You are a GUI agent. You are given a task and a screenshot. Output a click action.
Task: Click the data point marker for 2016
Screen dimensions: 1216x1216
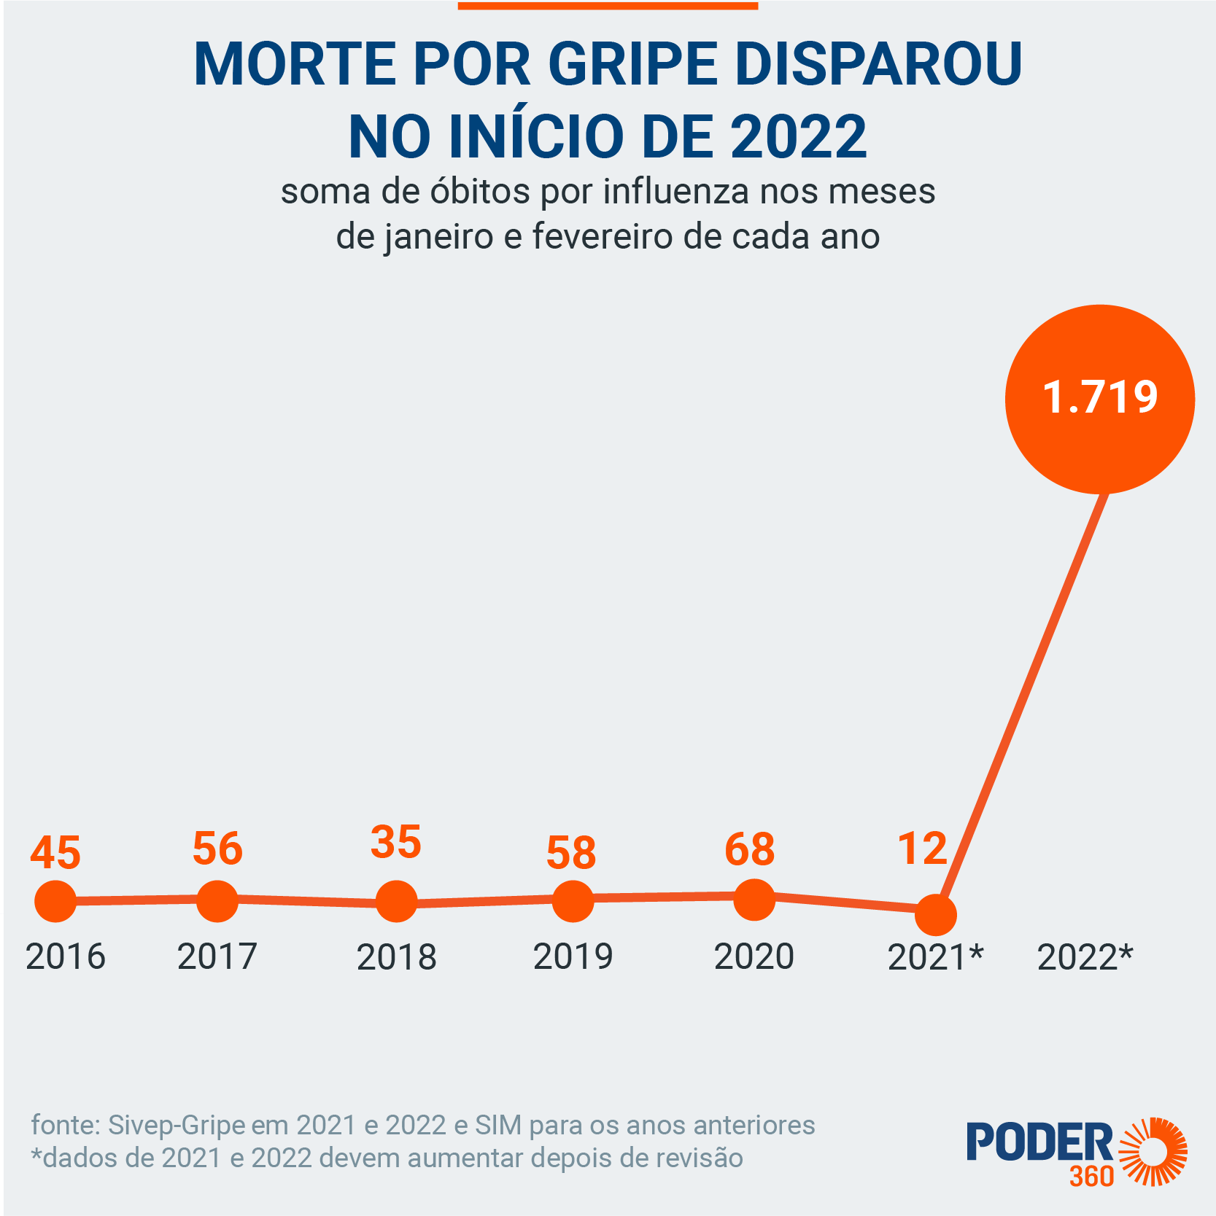55,901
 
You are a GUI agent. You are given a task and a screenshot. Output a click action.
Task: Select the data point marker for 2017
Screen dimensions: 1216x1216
217,900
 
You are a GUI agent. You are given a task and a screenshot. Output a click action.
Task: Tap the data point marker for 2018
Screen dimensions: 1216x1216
396,901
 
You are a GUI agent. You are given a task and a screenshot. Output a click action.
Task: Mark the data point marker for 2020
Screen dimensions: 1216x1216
754,899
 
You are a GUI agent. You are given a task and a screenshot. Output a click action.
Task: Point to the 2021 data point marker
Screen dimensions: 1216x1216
935,914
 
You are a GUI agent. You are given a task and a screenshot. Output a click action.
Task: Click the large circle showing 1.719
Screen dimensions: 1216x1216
1099,399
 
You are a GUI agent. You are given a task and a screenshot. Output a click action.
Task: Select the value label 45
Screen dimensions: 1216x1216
55,853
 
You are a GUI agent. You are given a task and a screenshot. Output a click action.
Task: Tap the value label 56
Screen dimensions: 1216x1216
217,849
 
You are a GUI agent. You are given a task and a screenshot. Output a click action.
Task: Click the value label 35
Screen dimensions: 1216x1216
396,842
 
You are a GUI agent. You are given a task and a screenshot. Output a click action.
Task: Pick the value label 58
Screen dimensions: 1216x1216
571,852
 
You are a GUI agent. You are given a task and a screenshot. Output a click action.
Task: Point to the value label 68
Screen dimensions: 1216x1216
750,849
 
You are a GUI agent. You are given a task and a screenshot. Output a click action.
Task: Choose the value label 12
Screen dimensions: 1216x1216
922,849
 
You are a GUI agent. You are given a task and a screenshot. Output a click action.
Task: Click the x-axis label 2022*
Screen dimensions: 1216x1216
1085,956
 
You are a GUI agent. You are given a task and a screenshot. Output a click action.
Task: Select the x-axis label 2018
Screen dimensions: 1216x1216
396,956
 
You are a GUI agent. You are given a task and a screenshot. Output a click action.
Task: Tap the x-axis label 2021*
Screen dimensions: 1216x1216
935,956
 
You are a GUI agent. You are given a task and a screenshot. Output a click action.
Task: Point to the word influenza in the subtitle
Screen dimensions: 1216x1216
678,192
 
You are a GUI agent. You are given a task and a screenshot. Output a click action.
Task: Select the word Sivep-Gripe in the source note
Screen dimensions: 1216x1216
177,1125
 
